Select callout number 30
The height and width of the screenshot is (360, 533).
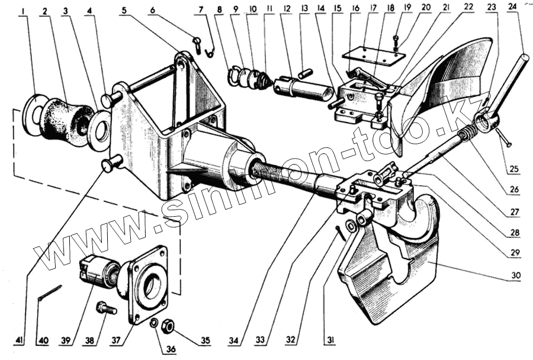click(516, 275)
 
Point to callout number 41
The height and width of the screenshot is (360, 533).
click(20, 341)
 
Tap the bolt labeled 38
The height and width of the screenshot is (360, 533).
click(107, 308)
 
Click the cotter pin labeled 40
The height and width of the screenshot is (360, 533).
click(49, 293)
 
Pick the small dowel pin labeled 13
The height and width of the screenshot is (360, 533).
click(306, 73)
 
